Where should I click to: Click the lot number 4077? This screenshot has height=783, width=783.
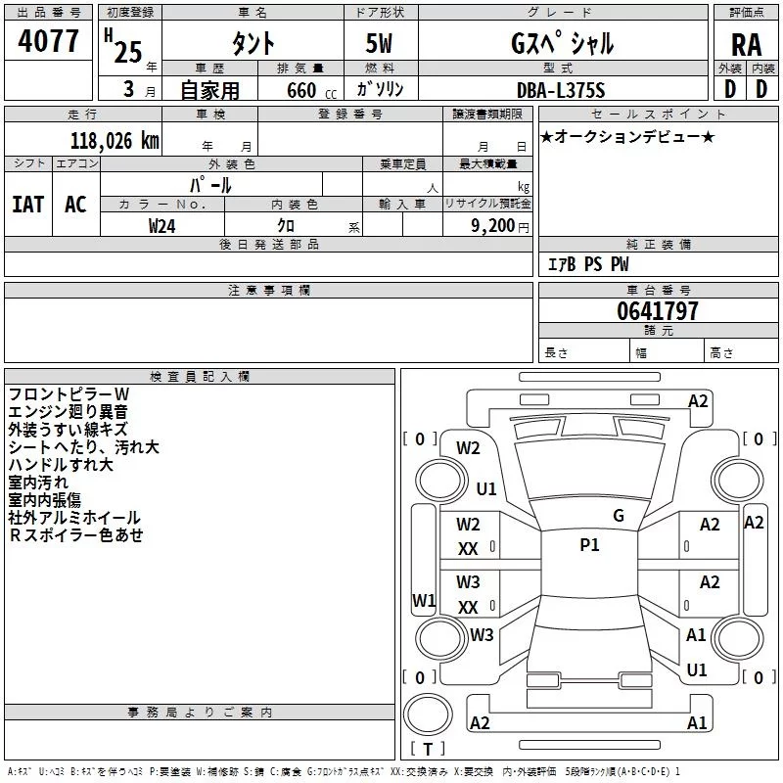click(x=49, y=42)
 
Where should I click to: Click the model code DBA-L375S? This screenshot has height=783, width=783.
click(x=561, y=90)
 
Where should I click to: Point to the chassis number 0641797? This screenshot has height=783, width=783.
click(x=658, y=312)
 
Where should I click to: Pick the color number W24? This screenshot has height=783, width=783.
click(x=162, y=225)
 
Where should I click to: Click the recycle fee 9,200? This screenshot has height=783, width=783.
click(x=493, y=225)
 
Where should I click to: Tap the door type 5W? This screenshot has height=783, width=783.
click(x=380, y=44)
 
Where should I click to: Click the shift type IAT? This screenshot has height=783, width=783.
click(x=27, y=205)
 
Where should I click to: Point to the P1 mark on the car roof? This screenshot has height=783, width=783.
click(x=589, y=545)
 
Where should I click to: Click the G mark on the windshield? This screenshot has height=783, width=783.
click(x=619, y=515)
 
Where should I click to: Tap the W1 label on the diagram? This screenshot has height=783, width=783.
click(x=423, y=600)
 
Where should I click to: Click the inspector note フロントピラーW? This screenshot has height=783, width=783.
click(x=68, y=393)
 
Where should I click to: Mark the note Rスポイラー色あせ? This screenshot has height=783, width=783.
click(x=76, y=534)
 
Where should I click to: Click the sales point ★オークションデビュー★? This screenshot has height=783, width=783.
click(x=627, y=137)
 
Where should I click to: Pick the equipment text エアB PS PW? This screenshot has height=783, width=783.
click(x=587, y=264)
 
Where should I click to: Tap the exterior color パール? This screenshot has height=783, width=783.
click(x=210, y=184)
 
